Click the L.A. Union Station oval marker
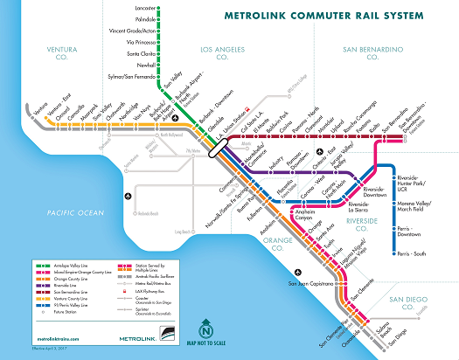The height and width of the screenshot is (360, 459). [214, 149]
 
